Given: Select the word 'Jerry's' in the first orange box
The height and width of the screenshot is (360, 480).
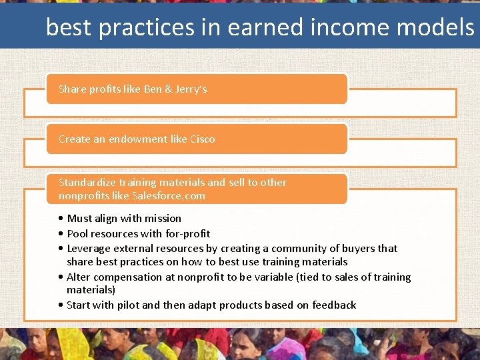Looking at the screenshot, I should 191,89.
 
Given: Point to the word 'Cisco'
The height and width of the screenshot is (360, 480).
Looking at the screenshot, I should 203,139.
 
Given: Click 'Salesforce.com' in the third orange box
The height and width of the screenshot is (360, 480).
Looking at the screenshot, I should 169,195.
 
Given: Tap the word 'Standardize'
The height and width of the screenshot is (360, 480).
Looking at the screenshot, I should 87,182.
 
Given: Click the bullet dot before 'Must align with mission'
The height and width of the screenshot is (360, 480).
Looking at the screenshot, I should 61,219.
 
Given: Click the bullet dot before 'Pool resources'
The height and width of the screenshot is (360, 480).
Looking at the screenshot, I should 61,234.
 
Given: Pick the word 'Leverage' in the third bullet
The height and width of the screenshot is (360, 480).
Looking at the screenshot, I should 89,248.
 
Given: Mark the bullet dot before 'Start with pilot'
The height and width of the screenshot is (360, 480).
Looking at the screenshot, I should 61,305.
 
